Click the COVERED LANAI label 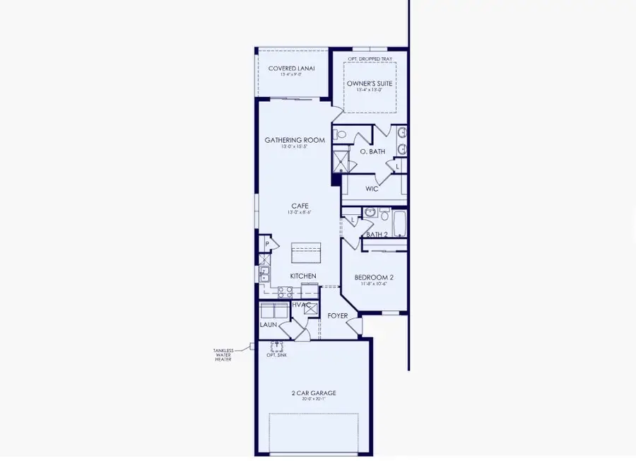coord(291,69)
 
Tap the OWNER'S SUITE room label coord(370,83)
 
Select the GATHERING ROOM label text coord(295,140)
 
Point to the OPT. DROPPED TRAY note coord(370,59)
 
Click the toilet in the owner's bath coord(341,134)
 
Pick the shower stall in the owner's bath coord(341,162)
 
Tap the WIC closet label coord(372,189)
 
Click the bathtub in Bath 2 coord(399,223)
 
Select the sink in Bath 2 coord(369,212)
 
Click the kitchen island coord(306,252)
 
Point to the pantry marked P coord(266,244)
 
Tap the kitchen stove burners coord(285,291)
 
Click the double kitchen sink coord(264,274)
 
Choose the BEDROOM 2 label coord(374,277)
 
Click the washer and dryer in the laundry coord(273,311)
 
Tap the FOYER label coord(337,315)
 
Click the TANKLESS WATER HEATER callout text coord(223,355)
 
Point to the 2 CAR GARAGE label coord(312,393)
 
